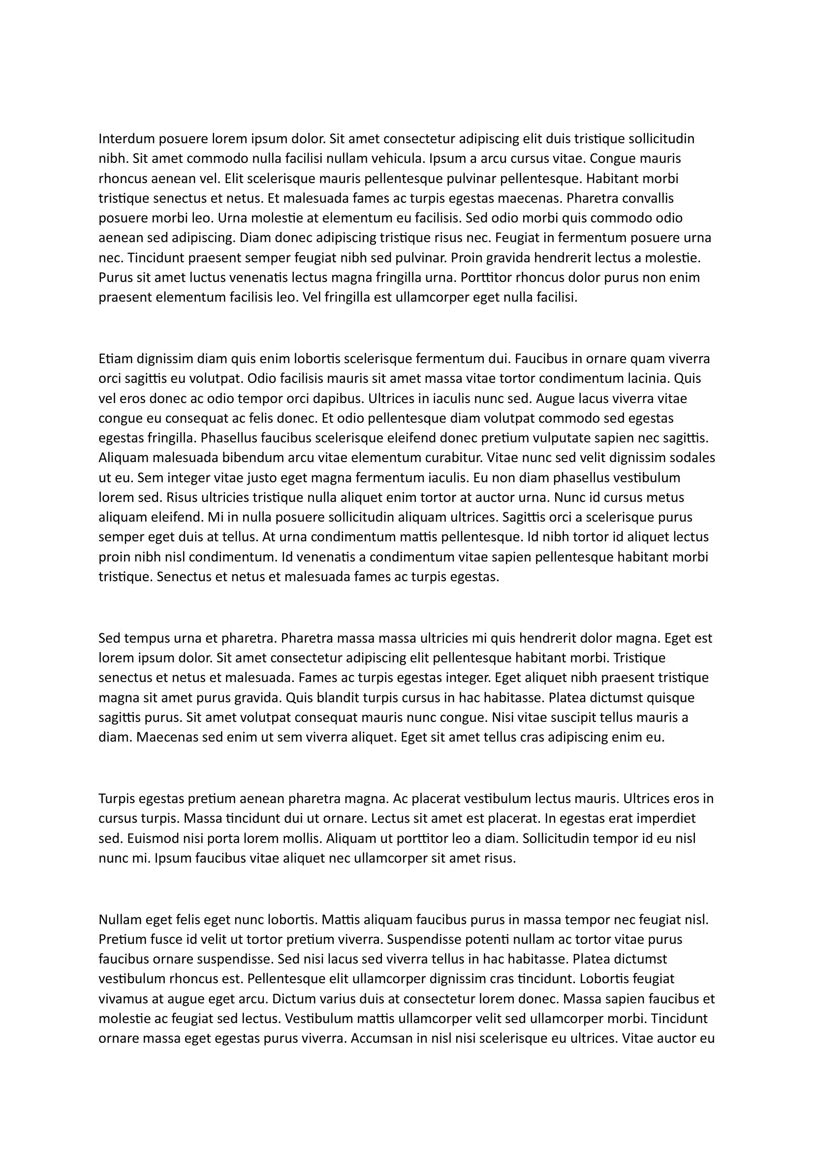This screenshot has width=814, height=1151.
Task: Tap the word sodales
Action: click(693, 458)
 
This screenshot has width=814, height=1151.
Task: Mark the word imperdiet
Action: click(667, 819)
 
